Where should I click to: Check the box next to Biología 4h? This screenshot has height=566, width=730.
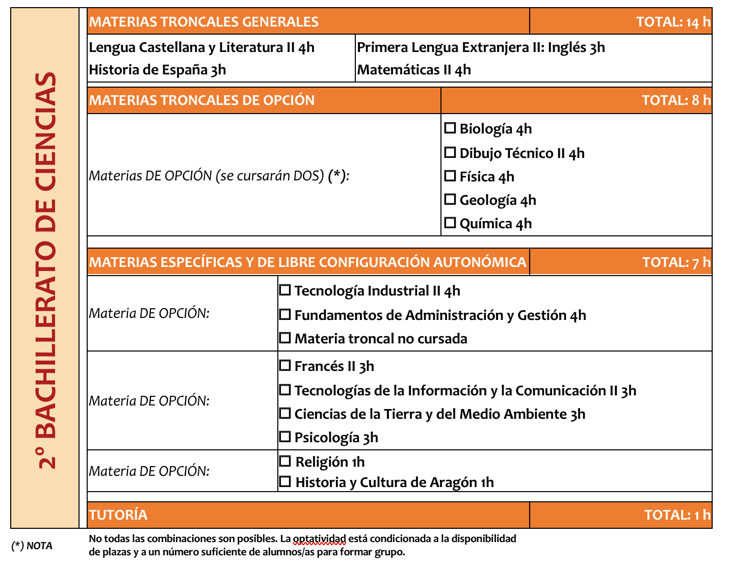tap(450, 128)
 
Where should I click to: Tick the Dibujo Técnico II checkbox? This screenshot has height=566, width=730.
tap(450, 152)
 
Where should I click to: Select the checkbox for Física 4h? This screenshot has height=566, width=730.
tap(450, 176)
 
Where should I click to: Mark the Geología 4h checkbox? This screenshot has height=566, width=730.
tap(450, 199)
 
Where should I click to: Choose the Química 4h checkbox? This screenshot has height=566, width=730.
tap(450, 223)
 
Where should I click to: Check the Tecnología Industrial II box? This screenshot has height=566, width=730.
tap(285, 290)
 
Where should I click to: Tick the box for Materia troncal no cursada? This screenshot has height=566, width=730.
tap(285, 338)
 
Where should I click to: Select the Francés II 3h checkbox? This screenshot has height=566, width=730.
tap(285, 365)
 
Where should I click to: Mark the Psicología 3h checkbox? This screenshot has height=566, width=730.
tap(285, 437)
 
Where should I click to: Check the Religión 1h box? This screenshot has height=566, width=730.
tap(285, 461)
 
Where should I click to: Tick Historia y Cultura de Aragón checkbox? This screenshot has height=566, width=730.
tap(285, 481)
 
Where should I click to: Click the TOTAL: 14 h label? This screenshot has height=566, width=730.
tap(672, 22)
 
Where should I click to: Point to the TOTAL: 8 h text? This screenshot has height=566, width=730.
tap(675, 100)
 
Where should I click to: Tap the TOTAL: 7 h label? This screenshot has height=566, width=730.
tap(675, 262)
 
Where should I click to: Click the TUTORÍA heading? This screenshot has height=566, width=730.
tap(118, 515)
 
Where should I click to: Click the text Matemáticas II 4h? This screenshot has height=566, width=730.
tap(414, 70)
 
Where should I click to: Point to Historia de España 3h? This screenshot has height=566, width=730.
tap(158, 70)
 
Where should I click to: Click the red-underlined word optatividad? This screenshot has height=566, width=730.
tap(319, 538)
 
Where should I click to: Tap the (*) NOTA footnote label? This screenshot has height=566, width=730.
tap(32, 546)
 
